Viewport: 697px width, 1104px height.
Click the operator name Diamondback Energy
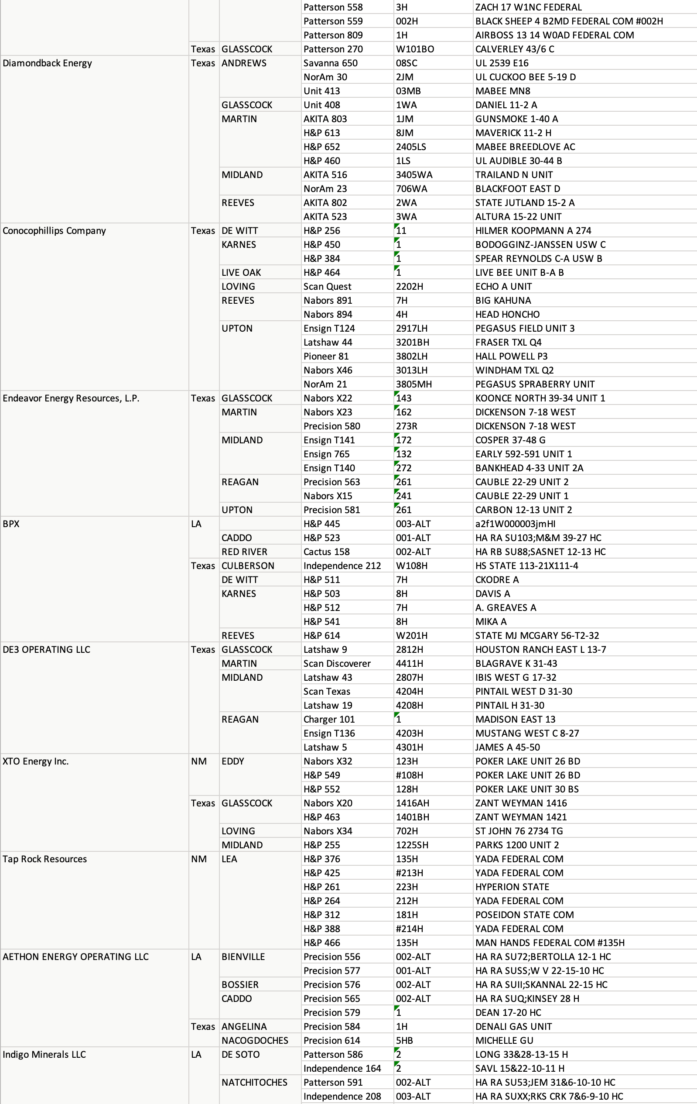coord(47,63)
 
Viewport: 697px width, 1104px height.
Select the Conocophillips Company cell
coord(54,230)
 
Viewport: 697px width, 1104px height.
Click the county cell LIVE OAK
coord(241,273)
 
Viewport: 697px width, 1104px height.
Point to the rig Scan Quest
coord(327,287)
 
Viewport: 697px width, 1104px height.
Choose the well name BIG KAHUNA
coord(503,301)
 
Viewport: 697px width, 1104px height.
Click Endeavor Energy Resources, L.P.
coord(71,398)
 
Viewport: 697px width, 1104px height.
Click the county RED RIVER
coord(244,552)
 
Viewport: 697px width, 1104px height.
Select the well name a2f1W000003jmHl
coord(515,524)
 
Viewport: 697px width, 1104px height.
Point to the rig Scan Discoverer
coord(337,663)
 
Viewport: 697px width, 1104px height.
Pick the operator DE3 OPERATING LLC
coord(46,650)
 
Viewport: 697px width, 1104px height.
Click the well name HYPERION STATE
coord(512,887)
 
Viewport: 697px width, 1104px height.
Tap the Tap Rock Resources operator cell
coord(44,859)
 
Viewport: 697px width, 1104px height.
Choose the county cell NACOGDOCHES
coord(255,1041)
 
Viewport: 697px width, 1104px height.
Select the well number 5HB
coord(404,1041)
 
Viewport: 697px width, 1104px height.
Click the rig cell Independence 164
coord(342,1069)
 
